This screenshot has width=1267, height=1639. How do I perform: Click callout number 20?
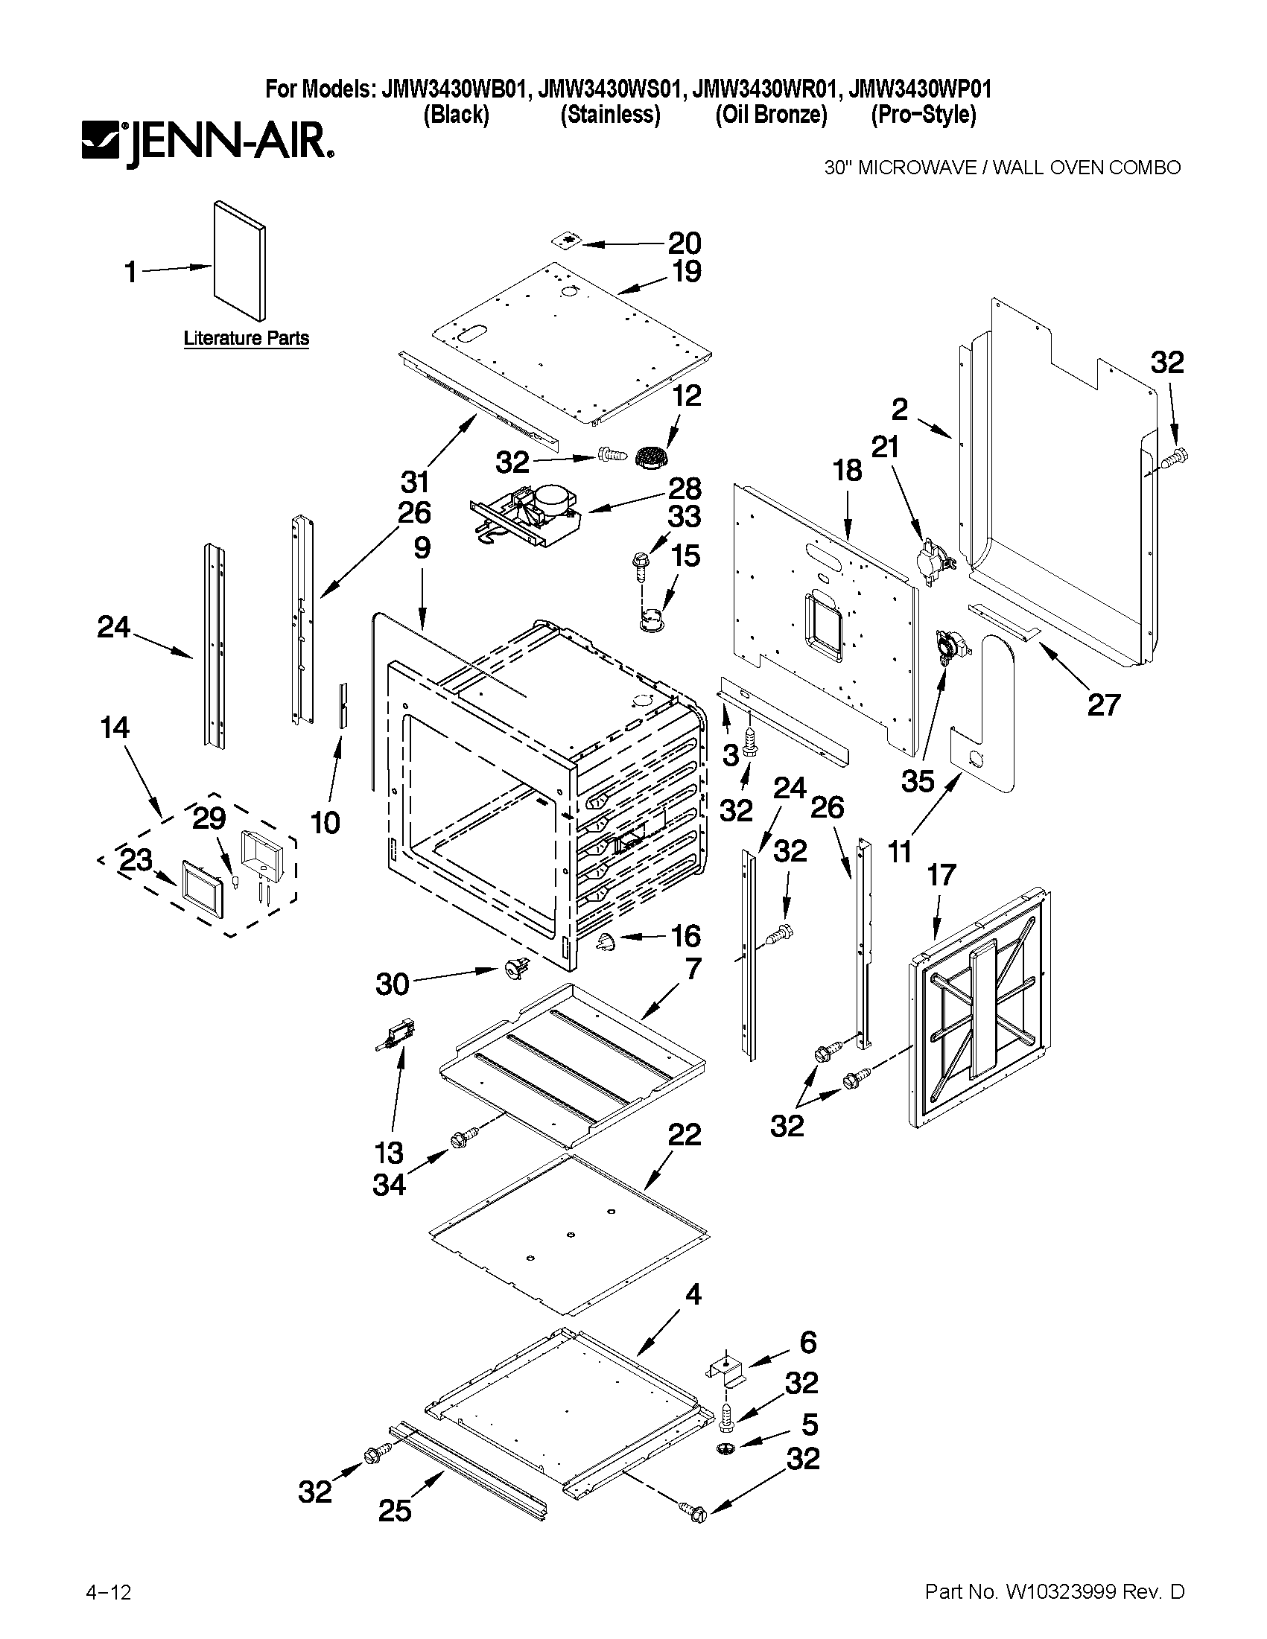tap(684, 244)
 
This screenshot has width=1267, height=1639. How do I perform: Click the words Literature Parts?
tap(247, 339)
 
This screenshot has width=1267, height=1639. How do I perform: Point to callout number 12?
tap(686, 395)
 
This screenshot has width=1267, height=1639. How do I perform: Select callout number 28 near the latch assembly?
tap(684, 488)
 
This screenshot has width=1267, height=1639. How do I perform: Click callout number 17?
tap(941, 874)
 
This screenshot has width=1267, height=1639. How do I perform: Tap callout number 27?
tap(1103, 704)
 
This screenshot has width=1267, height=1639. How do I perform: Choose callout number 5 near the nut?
tap(809, 1424)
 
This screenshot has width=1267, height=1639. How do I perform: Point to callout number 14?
tap(114, 728)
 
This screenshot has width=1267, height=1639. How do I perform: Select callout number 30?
tap(393, 984)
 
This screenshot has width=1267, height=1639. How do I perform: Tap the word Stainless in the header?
tap(610, 115)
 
